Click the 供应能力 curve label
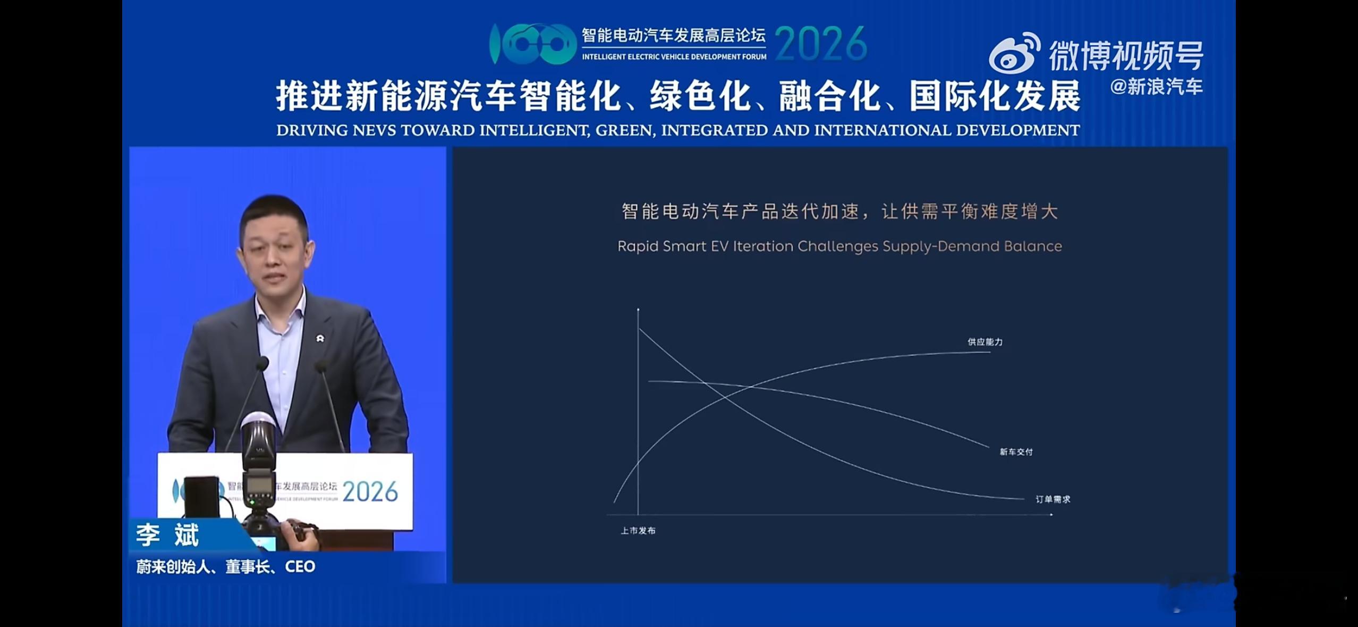pos(985,342)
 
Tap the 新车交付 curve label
pos(1016,452)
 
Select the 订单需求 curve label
pos(1053,499)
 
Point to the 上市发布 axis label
pos(638,531)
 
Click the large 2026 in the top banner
pos(821,44)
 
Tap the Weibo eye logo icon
pos(1014,54)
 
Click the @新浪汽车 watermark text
pos(1156,87)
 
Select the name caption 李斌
pos(167,535)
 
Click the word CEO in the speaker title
pos(300,567)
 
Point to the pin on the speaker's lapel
pos(320,338)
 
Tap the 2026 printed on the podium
pos(370,492)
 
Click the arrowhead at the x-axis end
pos(1051,514)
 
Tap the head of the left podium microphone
pos(262,363)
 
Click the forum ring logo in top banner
pos(532,44)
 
